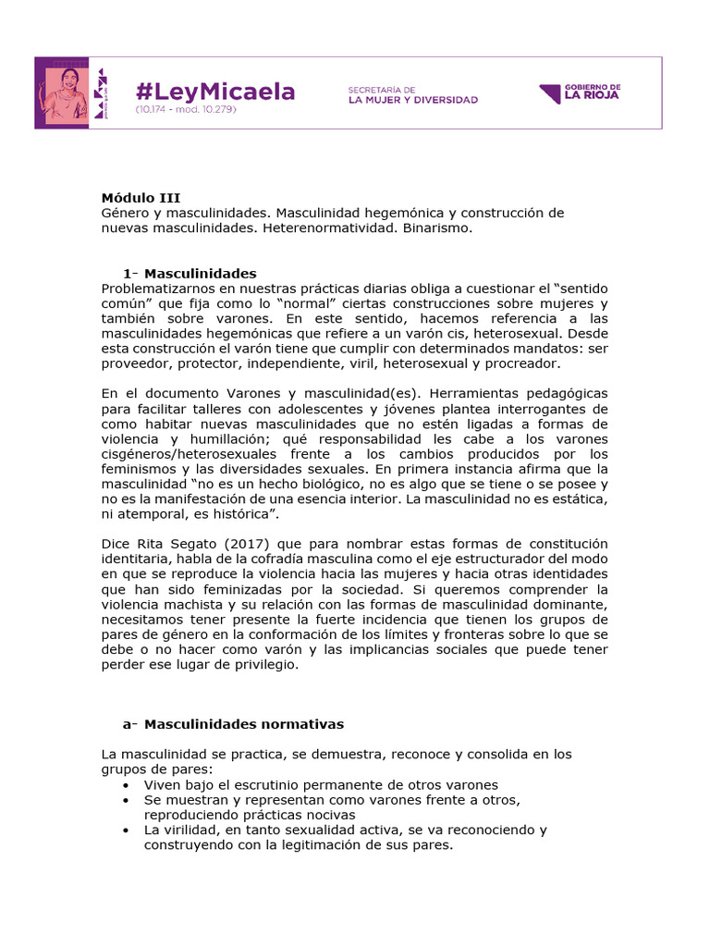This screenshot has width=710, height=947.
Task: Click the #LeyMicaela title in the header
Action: pos(214,91)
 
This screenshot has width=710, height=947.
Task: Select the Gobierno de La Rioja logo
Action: pos(580,93)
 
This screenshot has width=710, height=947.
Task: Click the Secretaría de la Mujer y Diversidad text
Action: pos(412,94)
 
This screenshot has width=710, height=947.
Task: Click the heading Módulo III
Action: pos(141,197)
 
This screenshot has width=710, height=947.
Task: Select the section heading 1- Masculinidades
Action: pos(190,273)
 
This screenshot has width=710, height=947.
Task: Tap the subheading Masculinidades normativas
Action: pos(244,723)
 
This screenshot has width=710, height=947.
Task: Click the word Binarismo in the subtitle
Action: pos(435,228)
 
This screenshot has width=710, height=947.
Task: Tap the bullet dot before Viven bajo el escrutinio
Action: pos(126,784)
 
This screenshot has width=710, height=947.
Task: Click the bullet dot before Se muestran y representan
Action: pos(126,800)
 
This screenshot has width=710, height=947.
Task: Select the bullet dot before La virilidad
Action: pos(126,830)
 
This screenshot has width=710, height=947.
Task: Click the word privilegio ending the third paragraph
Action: pos(267,664)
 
